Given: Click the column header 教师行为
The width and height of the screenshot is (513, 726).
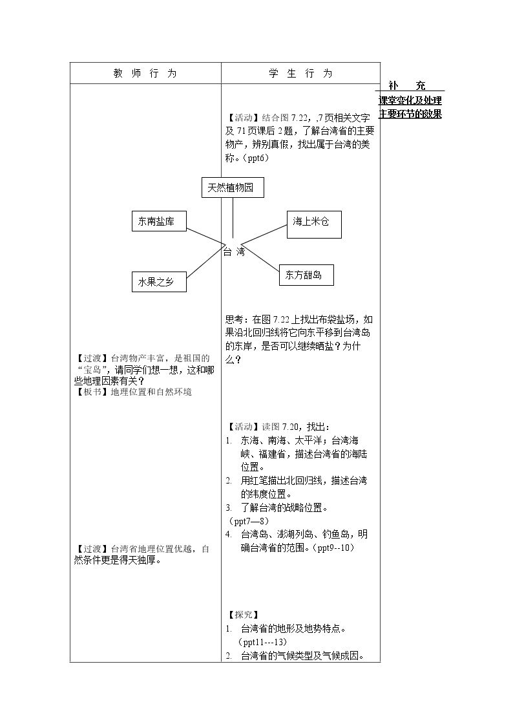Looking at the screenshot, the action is click(x=145, y=73).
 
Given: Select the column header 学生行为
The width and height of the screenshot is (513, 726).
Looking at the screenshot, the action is click(x=300, y=73).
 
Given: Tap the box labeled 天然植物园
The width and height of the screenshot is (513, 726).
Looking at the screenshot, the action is click(x=233, y=187).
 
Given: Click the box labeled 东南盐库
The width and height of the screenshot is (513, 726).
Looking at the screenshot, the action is click(x=159, y=221).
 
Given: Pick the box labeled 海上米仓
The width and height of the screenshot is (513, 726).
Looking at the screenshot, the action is click(x=314, y=224).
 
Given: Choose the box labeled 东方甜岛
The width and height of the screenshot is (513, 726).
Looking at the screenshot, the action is click(x=306, y=275).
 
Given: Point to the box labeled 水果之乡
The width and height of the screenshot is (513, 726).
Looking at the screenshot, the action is click(x=159, y=282).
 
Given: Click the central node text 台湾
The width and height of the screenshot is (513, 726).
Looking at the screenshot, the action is click(x=234, y=252).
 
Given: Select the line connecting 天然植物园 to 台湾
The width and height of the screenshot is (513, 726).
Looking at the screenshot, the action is click(x=233, y=218).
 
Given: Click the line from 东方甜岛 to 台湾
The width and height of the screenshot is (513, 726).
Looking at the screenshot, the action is click(x=260, y=258).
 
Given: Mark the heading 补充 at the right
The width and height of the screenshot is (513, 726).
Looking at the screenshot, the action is click(x=407, y=85).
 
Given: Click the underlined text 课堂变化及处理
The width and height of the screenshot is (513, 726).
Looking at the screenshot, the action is click(x=410, y=100).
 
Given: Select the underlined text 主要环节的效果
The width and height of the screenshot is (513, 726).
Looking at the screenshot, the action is click(x=410, y=114).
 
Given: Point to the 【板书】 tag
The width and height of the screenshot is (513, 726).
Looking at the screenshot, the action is click(x=92, y=392).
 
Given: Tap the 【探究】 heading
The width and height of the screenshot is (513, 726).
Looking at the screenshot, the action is click(x=244, y=615).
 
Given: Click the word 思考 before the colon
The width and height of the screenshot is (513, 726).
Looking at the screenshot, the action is click(x=234, y=319).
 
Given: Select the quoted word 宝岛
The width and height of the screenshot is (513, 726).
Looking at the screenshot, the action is click(x=92, y=370).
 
